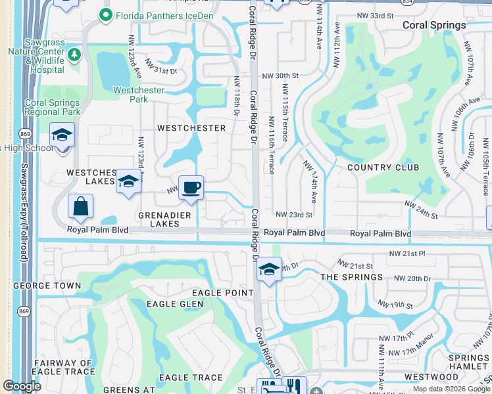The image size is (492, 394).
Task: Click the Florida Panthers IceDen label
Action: click(x=157, y=14)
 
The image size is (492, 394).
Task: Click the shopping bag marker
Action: click(x=80, y=207)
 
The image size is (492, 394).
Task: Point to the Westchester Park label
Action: click(x=139, y=95)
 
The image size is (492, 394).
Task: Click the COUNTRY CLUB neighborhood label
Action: click(x=383, y=167)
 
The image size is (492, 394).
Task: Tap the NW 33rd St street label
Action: click(x=375, y=14)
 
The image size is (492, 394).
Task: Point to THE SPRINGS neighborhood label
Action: click(x=351, y=277)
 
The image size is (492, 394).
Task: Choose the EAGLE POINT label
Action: click(x=222, y=292)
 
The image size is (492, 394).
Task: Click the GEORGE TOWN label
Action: click(x=47, y=286)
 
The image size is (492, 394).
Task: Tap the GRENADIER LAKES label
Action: click(x=164, y=219)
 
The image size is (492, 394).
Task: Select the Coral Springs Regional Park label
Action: click(x=53, y=107)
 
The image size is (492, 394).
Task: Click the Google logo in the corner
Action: click(x=22, y=386)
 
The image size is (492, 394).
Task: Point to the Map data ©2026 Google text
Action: click(x=451, y=389)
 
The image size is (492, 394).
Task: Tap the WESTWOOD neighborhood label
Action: click(x=431, y=377)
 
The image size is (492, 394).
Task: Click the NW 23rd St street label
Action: click(x=293, y=215)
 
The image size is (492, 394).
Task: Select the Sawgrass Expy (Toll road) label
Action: click(x=24, y=213)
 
